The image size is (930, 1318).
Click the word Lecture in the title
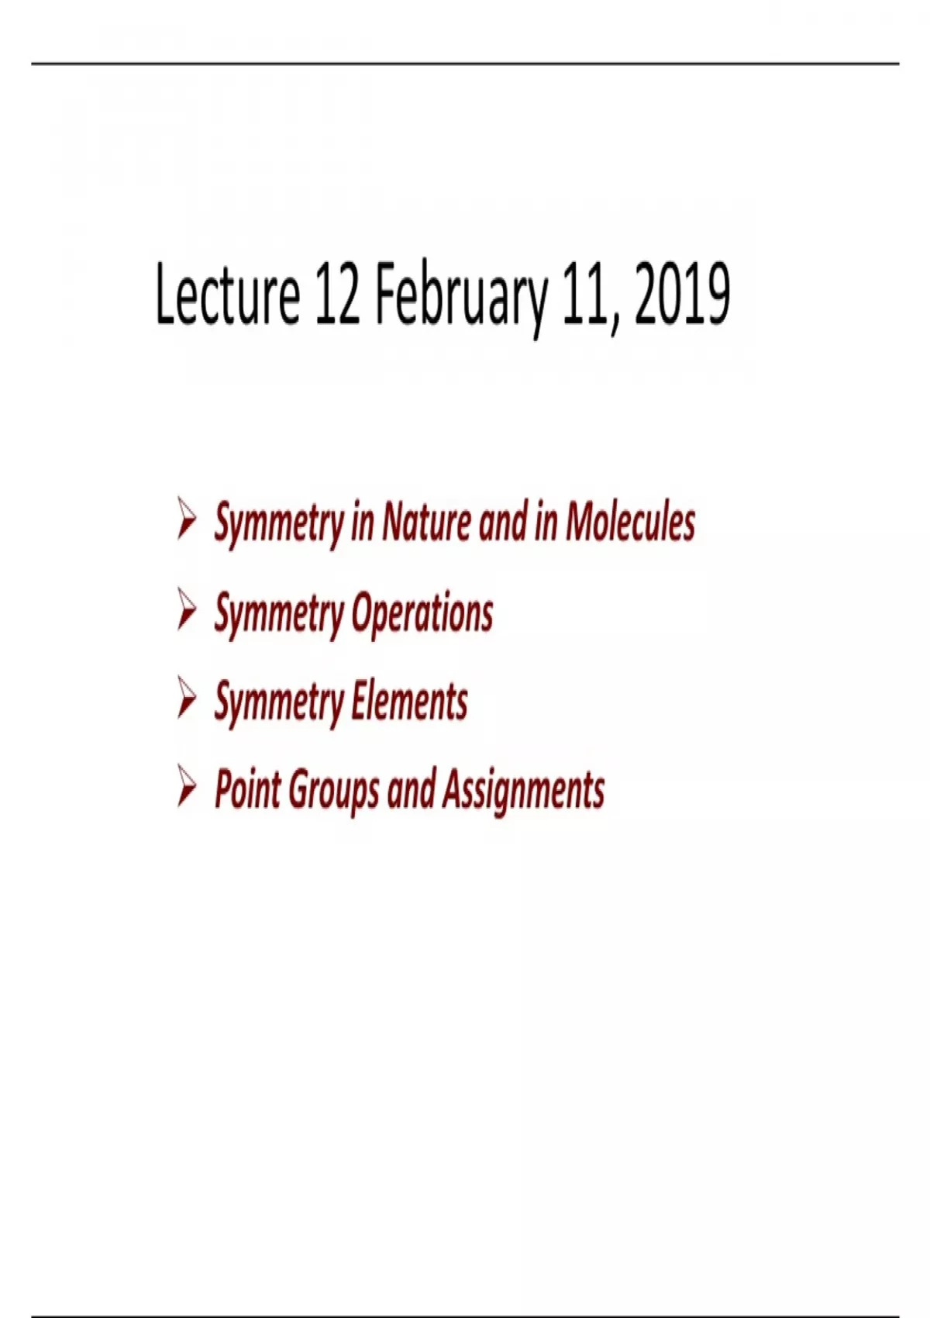click(228, 294)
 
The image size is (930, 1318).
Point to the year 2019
click(682, 294)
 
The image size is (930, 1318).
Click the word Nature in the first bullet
click(426, 521)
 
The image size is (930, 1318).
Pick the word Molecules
click(630, 521)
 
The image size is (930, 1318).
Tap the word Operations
click(422, 613)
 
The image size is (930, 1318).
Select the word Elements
click(409, 701)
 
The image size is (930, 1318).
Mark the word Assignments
click(522, 792)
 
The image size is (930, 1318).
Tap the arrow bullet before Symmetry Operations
click(187, 609)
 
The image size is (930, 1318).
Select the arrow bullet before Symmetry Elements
click(187, 698)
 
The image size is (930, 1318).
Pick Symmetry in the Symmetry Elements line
click(279, 704)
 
